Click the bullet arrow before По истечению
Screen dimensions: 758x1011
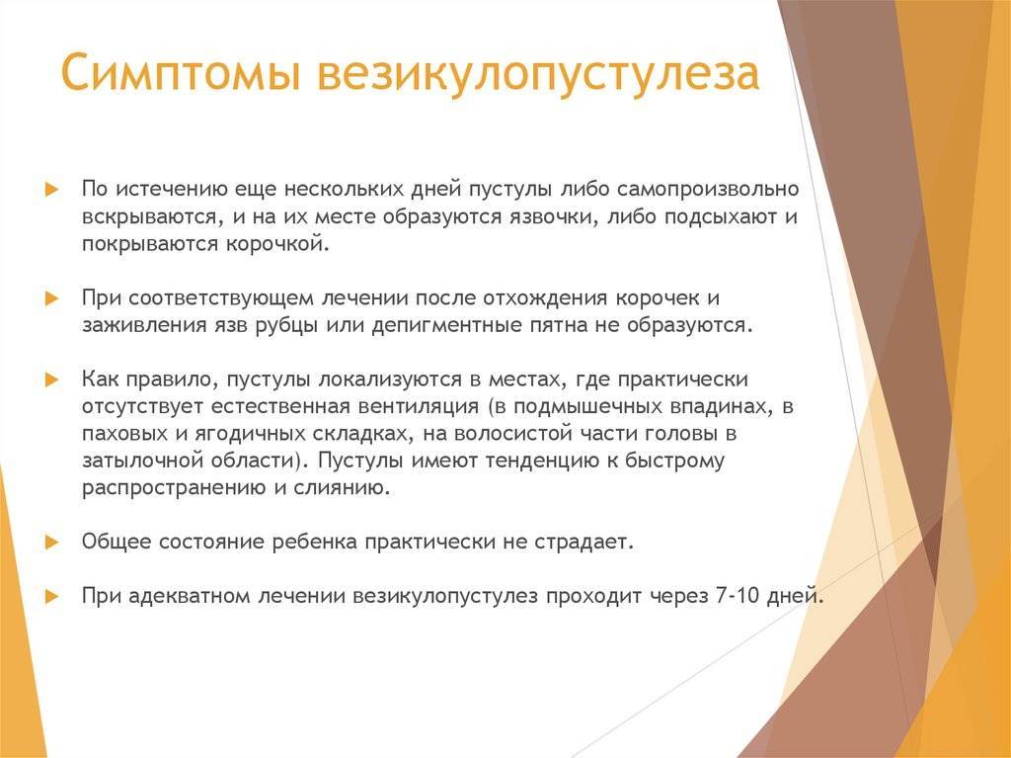(52, 189)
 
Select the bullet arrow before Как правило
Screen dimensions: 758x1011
(52, 379)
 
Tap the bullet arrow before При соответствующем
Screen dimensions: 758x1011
(52, 297)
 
